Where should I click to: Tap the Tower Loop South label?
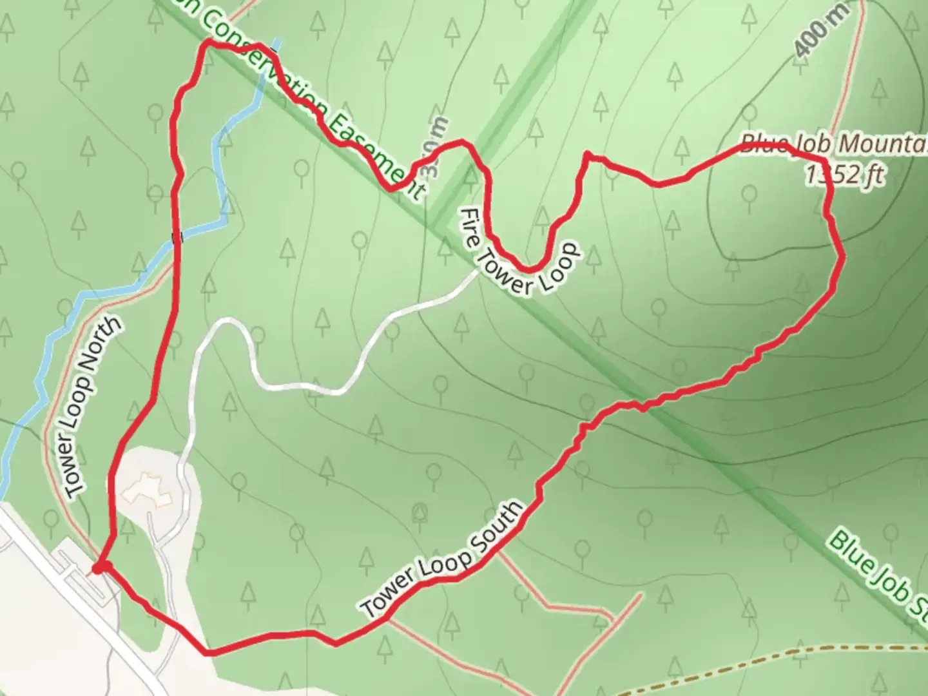pos(443,559)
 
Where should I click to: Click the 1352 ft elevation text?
pos(845,173)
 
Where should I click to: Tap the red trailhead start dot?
pos(98,568)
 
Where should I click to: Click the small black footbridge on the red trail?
pos(178,238)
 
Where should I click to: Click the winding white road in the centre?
pos(290,385)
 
